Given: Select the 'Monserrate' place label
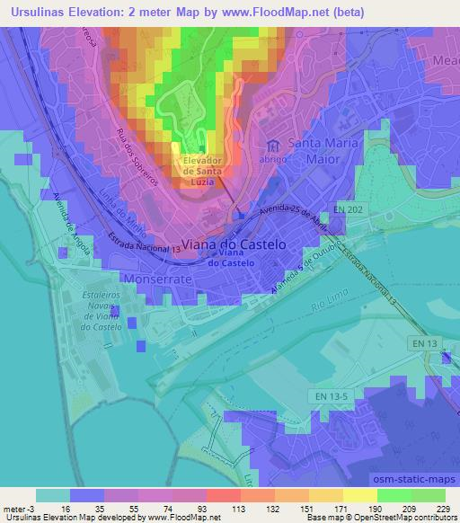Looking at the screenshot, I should (x=161, y=280).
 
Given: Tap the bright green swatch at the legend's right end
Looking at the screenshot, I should (x=428, y=495).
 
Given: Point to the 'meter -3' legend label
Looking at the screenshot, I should (x=20, y=508).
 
